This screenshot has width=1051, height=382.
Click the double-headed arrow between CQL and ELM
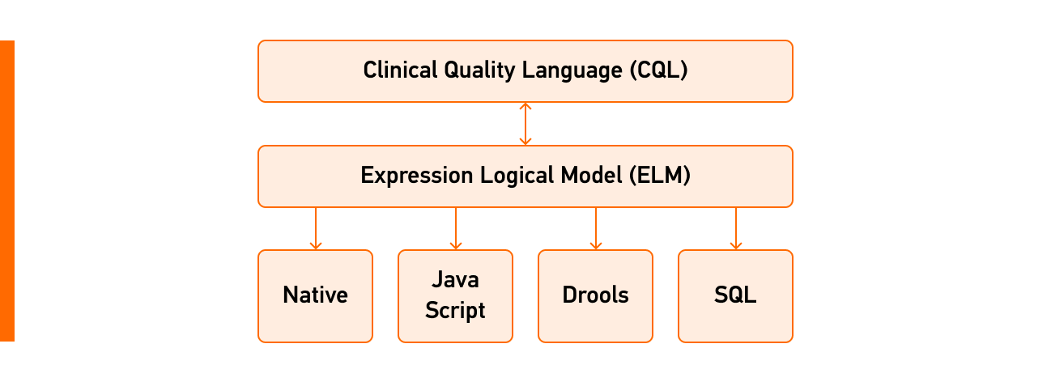[525, 124]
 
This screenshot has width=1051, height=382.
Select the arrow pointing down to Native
[316, 228]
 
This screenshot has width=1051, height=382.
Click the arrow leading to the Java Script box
[456, 228]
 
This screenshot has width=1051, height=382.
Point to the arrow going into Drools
[596, 228]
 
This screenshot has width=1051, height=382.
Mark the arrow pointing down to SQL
[736, 228]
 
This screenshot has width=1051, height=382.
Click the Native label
[315, 295]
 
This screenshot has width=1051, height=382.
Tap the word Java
[455, 280]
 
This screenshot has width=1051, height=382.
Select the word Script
[455, 310]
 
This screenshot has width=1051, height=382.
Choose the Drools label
[595, 295]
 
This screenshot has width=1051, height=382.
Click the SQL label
[735, 295]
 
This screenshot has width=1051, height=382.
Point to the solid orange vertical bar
[7, 191]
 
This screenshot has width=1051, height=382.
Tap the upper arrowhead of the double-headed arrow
[525, 106]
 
